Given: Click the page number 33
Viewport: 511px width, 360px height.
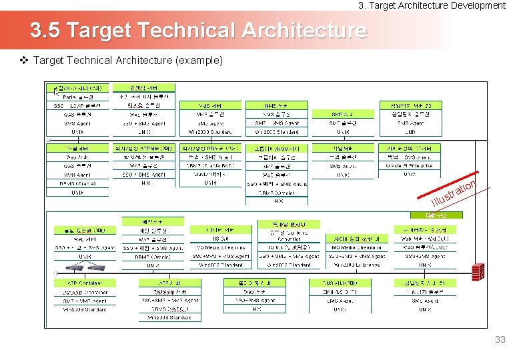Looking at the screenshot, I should pyautogui.click(x=500, y=340).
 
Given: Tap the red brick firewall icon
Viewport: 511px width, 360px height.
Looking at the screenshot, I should pyautogui.click(x=477, y=271).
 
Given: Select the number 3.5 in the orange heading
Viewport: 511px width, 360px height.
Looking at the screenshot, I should pyautogui.click(x=46, y=31).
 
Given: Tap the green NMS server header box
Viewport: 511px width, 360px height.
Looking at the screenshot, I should pyautogui.click(x=276, y=105).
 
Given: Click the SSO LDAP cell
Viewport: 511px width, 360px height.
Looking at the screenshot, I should pyautogui.click(x=77, y=105).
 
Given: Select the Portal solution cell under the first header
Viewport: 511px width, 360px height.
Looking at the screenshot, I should pyautogui.click(x=78, y=97).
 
